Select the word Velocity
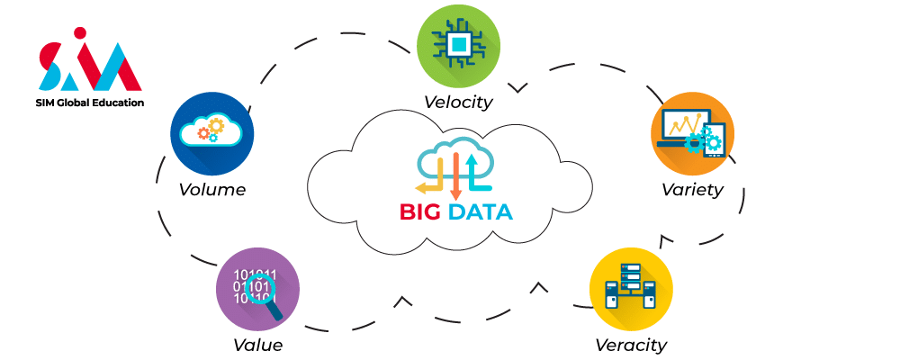tap(459, 101)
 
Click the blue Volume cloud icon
tap(211, 133)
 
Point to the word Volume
tap(211, 190)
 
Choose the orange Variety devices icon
tap(692, 133)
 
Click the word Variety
tap(692, 190)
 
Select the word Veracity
tap(631, 345)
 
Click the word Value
tap(257, 345)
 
